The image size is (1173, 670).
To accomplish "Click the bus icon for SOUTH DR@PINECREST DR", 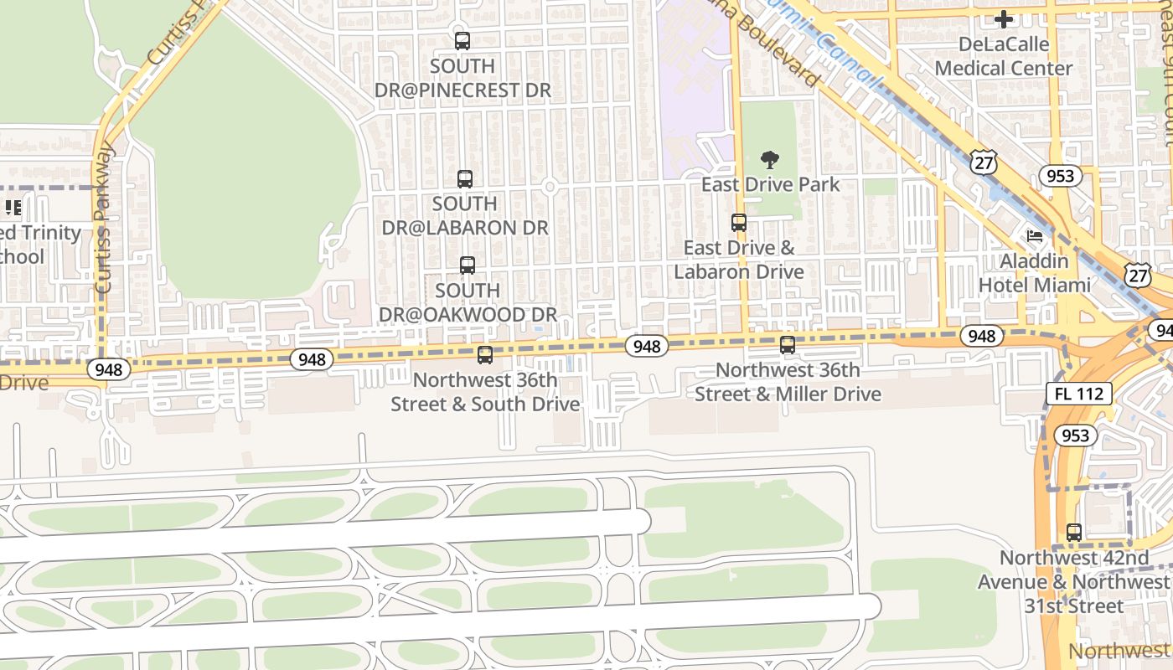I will [462, 40].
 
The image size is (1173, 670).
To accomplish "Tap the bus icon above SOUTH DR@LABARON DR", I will [465, 178].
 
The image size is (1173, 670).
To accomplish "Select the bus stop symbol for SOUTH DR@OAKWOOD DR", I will [468, 265].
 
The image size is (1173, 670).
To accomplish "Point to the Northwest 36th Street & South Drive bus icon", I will [485, 355].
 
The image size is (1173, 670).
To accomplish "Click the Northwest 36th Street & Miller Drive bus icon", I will [787, 345].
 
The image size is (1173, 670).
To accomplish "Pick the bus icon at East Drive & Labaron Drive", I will [738, 223].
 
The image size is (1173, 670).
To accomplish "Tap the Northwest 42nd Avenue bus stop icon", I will [1074, 533].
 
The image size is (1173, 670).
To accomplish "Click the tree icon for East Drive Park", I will [769, 160].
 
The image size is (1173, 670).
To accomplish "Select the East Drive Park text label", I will [770, 184].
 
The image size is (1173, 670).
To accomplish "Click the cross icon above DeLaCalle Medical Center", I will [1004, 18].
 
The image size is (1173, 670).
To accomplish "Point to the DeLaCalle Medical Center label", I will [1004, 56].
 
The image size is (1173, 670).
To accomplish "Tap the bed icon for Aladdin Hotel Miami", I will [1035, 236].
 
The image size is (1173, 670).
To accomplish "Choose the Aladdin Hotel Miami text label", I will [1035, 273].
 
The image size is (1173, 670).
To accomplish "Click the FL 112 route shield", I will [1079, 394].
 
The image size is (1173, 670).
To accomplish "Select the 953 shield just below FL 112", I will [1075, 435].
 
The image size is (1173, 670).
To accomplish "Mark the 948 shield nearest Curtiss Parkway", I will [109, 369].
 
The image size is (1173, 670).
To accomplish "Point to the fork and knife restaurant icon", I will [13, 207].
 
